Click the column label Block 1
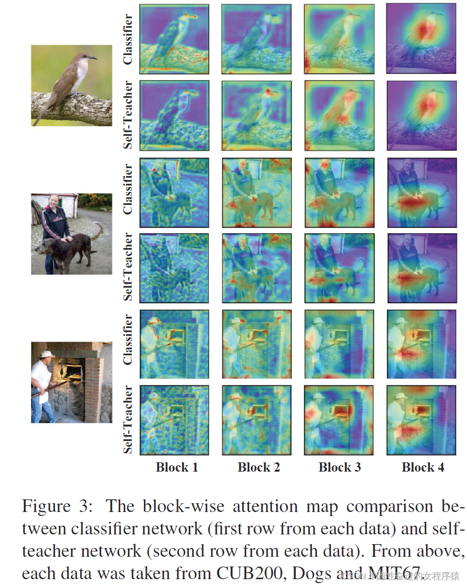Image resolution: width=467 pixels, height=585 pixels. click(177, 468)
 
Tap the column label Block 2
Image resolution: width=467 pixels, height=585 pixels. click(259, 468)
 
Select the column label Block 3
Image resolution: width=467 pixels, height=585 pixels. click(340, 468)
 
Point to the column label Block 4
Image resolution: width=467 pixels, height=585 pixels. click(423, 468)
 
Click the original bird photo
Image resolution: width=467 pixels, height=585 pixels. click(72, 85)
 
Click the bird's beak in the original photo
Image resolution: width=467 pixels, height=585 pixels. click(91, 58)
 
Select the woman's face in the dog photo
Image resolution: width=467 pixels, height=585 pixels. click(54, 201)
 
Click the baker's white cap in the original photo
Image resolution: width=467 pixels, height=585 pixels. click(47, 354)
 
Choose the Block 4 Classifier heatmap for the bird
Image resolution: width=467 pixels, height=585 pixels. click(422, 39)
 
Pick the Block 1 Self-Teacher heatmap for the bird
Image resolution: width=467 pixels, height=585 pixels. click(174, 115)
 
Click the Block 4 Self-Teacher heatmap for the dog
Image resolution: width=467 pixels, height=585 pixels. click(422, 268)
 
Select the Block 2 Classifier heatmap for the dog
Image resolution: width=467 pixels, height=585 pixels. click(256, 193)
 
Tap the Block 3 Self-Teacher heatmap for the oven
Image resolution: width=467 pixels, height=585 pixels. click(339, 420)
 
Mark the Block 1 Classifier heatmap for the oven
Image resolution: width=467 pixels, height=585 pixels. click(174, 344)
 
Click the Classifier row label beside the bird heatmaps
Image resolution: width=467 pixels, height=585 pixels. click(128, 39)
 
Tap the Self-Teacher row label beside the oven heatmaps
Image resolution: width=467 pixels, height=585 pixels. click(128, 420)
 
